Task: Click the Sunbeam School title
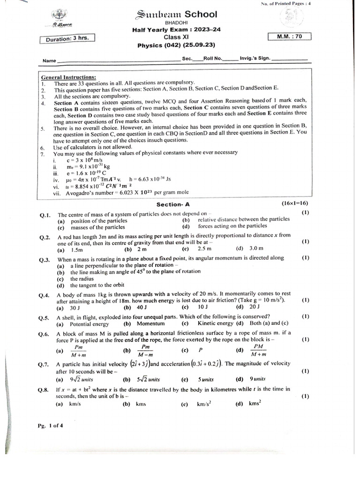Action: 176,15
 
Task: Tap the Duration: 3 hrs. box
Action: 68,39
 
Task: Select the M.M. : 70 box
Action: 288,36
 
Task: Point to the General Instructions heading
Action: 68,77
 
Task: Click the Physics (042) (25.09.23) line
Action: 172,45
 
